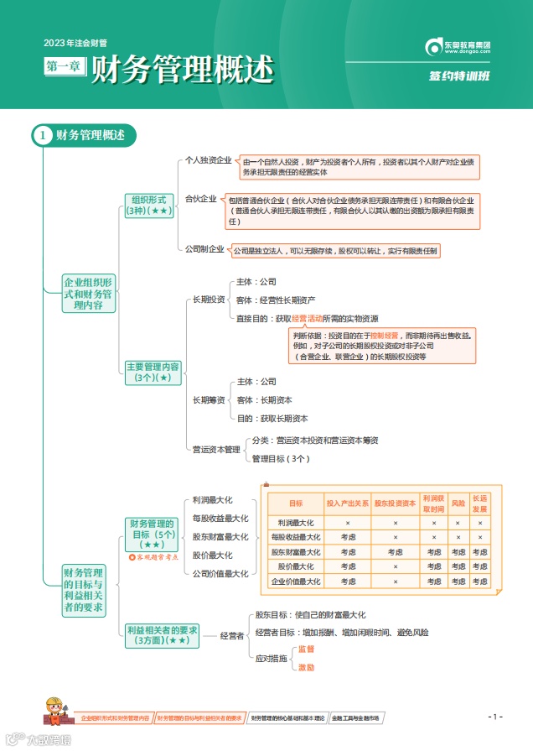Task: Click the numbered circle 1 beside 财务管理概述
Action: pos(43,135)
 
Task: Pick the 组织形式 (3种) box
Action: pos(148,205)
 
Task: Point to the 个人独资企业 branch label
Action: pos(208,160)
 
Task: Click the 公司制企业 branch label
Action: pos(204,249)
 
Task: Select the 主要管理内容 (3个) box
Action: pos(153,372)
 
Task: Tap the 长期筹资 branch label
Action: pos(209,399)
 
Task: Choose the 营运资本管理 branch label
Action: pos(216,449)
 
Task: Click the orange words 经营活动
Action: pos(307,319)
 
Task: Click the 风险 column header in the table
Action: pos(458,503)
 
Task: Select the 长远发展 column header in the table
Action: pos(479,503)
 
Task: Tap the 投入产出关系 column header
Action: pos(347,503)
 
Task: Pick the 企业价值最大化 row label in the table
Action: pos(296,581)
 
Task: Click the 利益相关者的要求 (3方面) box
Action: pos(162,634)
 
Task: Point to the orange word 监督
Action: pos(307,649)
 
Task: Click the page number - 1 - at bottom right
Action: pos(495,716)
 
